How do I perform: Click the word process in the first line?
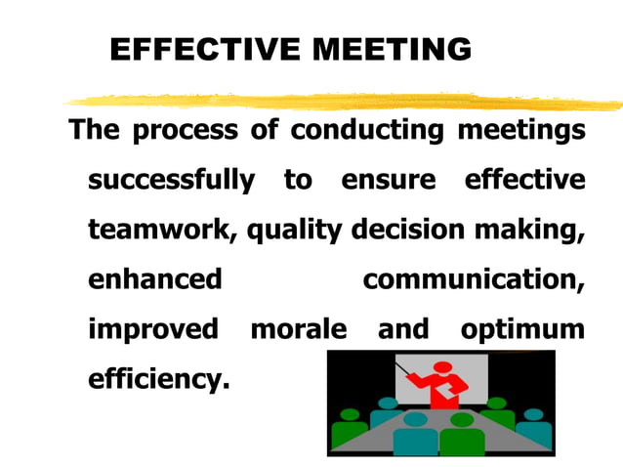coord(185,131)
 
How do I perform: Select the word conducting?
coord(367,131)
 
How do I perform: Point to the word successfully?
coord(171,181)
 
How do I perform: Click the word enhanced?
coord(154,279)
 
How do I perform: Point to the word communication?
coord(474,279)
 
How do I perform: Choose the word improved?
coord(153,329)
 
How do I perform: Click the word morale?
coord(298,329)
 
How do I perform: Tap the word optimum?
coord(522,329)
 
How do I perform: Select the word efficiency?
coord(159,378)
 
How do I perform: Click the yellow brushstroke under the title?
coord(342,101)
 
